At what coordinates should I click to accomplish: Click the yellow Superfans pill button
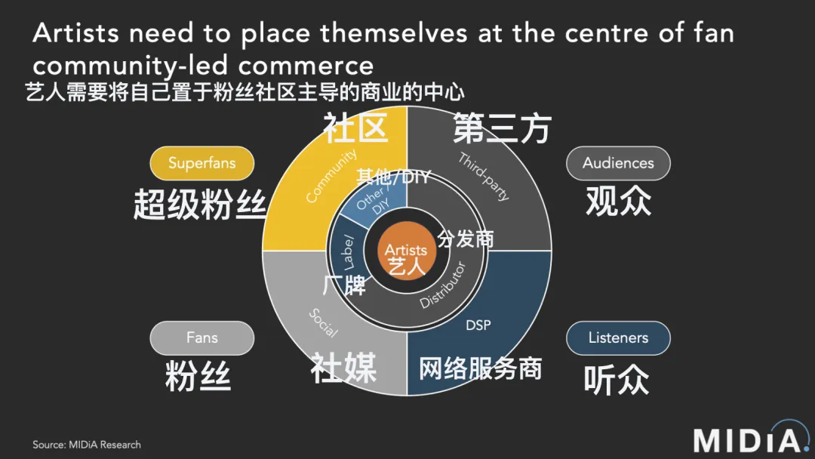[201, 163]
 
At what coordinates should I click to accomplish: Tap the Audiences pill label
[618, 163]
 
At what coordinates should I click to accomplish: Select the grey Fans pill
[201, 338]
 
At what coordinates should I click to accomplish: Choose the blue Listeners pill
[618, 338]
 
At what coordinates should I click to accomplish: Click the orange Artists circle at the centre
[407, 251]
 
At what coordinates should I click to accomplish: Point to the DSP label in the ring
[478, 325]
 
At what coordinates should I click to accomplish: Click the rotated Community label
[331, 176]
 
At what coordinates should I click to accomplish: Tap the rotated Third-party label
[484, 177]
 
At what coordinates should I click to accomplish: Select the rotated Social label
[323, 323]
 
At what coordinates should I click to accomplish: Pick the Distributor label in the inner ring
[443, 285]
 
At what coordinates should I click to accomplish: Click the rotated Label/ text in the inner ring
[347, 253]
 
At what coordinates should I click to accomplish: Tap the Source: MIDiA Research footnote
[87, 445]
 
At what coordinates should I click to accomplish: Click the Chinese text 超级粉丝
[200, 205]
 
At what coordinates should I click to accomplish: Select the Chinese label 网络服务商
[480, 368]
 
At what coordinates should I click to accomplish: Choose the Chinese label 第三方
[502, 128]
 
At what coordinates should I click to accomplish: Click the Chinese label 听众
[617, 380]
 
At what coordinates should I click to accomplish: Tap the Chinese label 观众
[619, 201]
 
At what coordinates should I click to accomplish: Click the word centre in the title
[607, 33]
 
